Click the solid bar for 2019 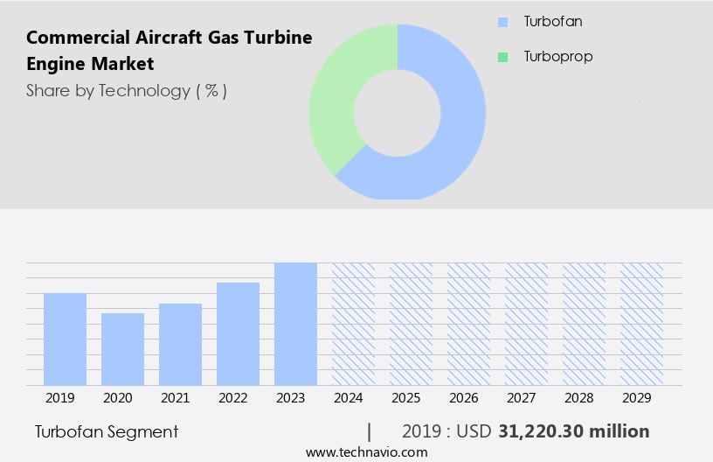[65, 339]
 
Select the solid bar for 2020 [122, 349]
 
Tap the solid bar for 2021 [180, 345]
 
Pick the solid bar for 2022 [238, 334]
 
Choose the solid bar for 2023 [295, 324]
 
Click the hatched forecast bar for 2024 [353, 324]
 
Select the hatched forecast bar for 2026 [468, 324]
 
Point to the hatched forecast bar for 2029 [641, 324]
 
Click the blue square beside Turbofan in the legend [502, 22]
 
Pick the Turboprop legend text [557, 57]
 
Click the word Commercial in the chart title [70, 38]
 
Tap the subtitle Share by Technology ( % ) [127, 90]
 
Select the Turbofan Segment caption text [107, 431]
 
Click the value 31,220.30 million [573, 431]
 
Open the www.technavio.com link [366, 452]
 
